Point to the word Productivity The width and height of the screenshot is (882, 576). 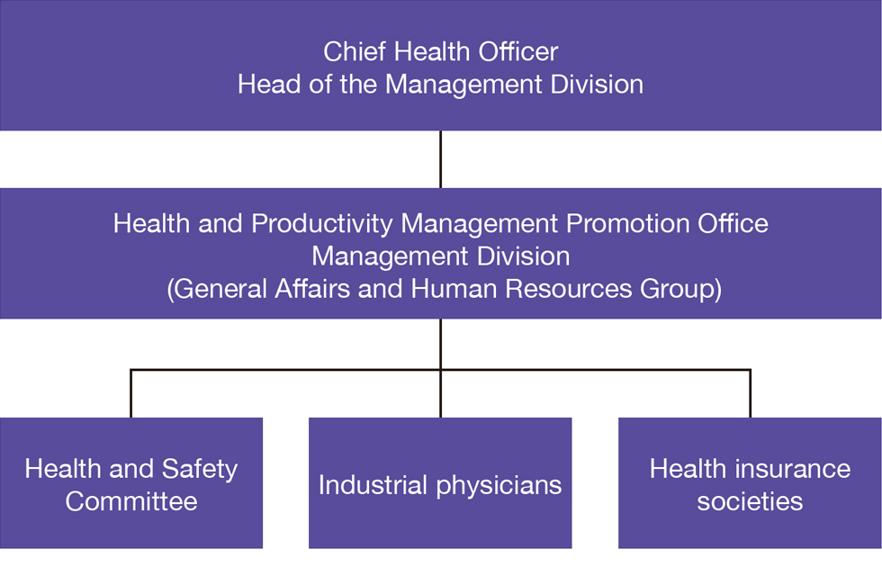(322, 224)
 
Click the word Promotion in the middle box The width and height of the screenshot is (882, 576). (628, 223)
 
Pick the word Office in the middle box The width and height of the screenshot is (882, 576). (733, 223)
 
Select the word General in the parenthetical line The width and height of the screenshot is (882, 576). (220, 289)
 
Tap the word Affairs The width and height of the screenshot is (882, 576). (312, 289)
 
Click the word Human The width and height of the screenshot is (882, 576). (454, 289)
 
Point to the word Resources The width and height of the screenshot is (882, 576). (569, 289)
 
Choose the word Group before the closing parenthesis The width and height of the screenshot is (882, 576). (677, 290)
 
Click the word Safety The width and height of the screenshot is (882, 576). (200, 470)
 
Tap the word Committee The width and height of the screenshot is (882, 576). (131, 502)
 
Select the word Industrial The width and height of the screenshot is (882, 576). (373, 485)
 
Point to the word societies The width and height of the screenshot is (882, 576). (750, 501)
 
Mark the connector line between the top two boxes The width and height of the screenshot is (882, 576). (440, 159)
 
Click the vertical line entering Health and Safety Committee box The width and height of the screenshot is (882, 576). (131, 394)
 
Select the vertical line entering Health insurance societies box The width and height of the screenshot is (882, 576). (751, 394)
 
